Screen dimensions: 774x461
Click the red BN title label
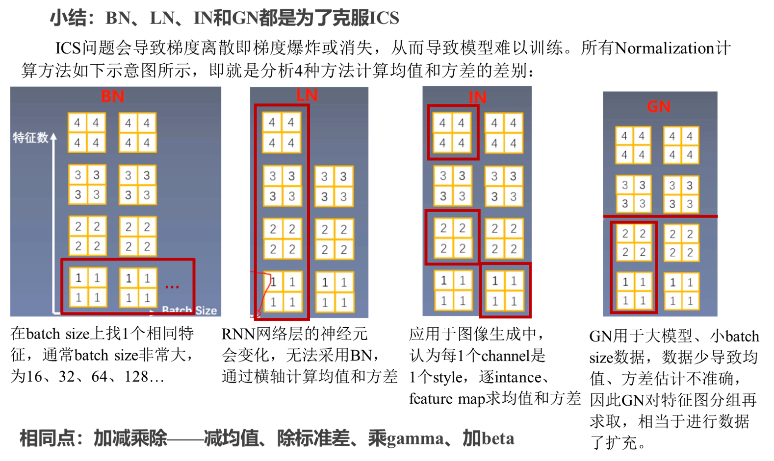click(112, 96)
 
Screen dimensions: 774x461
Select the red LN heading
click(307, 95)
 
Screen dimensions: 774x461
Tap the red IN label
click(477, 97)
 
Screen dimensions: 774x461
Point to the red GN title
click(659, 106)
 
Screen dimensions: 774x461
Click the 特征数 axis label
click(30, 138)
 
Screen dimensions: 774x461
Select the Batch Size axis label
click(189, 310)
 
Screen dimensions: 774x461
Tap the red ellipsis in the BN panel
click(172, 287)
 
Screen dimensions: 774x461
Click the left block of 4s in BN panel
click(87, 133)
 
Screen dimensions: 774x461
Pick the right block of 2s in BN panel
click(138, 237)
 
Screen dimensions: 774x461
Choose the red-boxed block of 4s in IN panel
click(452, 133)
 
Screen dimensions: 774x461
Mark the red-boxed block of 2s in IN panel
click(453, 238)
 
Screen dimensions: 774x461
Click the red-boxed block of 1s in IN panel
click(505, 291)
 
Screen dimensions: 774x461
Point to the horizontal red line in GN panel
click(660, 216)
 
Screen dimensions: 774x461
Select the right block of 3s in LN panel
click(334, 186)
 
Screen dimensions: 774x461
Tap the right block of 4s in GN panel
click(681, 145)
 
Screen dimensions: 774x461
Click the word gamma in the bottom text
click(415, 439)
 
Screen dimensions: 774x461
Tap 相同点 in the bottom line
click(47, 438)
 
